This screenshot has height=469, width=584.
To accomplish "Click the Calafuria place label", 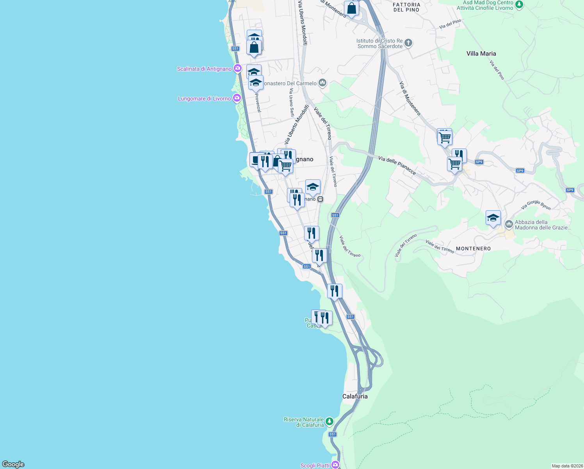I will (x=355, y=396).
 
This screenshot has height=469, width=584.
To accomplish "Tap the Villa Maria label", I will (x=481, y=54).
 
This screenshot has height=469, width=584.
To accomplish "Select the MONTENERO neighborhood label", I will (x=473, y=249).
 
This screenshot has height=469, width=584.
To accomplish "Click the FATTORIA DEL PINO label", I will (x=406, y=7).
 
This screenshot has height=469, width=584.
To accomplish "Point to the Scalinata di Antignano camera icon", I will (x=237, y=69).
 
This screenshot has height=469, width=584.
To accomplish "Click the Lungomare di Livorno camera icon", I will (x=237, y=98).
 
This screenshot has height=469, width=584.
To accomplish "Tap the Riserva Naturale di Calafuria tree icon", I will (x=329, y=421).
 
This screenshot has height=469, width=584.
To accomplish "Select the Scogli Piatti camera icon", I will (x=335, y=465).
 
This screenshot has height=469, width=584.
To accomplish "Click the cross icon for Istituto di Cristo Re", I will (x=408, y=43).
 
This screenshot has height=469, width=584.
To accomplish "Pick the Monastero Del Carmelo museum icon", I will (x=322, y=83).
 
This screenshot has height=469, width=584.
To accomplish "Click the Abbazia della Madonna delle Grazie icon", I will (x=509, y=224).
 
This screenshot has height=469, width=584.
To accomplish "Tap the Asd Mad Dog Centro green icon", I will (x=519, y=5).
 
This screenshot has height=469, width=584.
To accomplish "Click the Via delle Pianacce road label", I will (x=397, y=165).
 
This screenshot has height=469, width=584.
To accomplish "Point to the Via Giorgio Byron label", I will (x=536, y=205).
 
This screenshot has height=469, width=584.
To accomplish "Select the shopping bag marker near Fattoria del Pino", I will (x=351, y=9).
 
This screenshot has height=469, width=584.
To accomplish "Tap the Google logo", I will (x=13, y=464).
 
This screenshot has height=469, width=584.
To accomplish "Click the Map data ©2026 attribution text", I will (x=567, y=466).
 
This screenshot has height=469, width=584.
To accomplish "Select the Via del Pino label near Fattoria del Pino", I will (x=450, y=24).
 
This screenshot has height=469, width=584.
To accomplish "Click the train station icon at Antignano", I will (x=320, y=199).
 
